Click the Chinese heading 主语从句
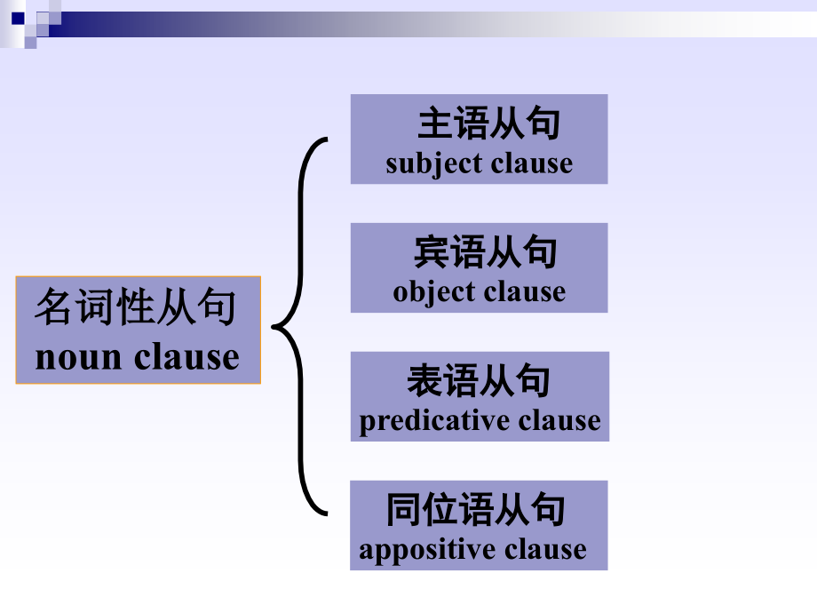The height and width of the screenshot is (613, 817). [x=489, y=124]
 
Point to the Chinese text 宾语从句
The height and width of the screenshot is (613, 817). [x=486, y=253]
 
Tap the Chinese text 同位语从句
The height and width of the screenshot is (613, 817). [x=476, y=511]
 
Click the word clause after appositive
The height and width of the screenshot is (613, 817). [x=545, y=550]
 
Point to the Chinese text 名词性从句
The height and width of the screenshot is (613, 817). [x=137, y=309]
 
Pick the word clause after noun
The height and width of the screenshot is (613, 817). [x=186, y=357]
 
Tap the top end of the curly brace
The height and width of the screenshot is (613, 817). [x=325, y=139]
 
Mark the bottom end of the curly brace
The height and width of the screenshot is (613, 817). [x=325, y=513]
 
